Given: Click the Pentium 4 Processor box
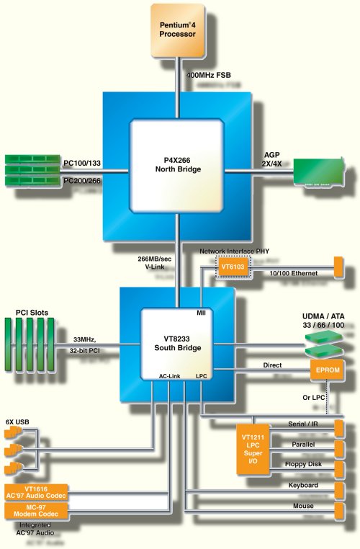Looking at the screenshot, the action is [x=177, y=30].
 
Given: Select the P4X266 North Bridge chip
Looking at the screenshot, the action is [x=176, y=166].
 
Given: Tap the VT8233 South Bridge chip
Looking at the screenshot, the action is [x=177, y=344].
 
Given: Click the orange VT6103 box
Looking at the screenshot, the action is [x=233, y=267].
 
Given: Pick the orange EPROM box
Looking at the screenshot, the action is [x=328, y=370].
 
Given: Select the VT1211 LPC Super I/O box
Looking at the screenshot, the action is [x=253, y=449].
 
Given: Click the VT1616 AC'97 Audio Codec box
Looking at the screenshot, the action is [x=36, y=492].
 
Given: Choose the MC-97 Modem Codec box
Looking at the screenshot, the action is [x=36, y=511].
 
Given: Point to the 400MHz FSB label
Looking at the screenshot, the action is [x=209, y=75].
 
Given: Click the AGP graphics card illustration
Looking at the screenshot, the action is [x=318, y=172].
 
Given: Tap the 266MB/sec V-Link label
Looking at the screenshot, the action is [x=155, y=262].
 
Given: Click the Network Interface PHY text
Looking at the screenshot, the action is [x=235, y=251].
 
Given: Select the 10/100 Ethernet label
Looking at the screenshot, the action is [x=294, y=273].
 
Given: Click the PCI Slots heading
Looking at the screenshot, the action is [x=32, y=312].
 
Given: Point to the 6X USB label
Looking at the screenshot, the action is [x=17, y=422].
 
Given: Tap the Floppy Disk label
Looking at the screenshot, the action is [x=303, y=464].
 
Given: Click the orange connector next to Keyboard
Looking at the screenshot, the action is [x=338, y=490].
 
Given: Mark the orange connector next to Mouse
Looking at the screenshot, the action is [x=338, y=511].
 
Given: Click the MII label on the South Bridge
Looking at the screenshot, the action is [x=201, y=313].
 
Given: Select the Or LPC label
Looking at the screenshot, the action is [x=313, y=398].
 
